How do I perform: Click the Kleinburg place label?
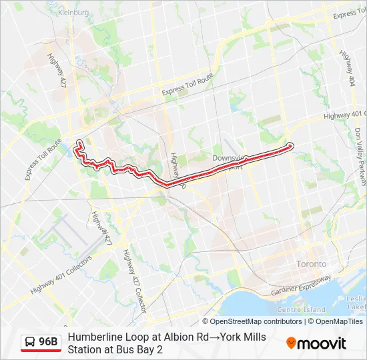point(73,12)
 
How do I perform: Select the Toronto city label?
point(312,264)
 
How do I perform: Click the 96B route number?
point(49,342)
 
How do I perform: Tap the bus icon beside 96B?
point(30,343)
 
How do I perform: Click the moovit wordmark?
point(322,343)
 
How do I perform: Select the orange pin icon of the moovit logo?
point(292,343)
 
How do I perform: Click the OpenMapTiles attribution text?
point(336,321)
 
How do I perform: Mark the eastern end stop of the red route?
point(290,145)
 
